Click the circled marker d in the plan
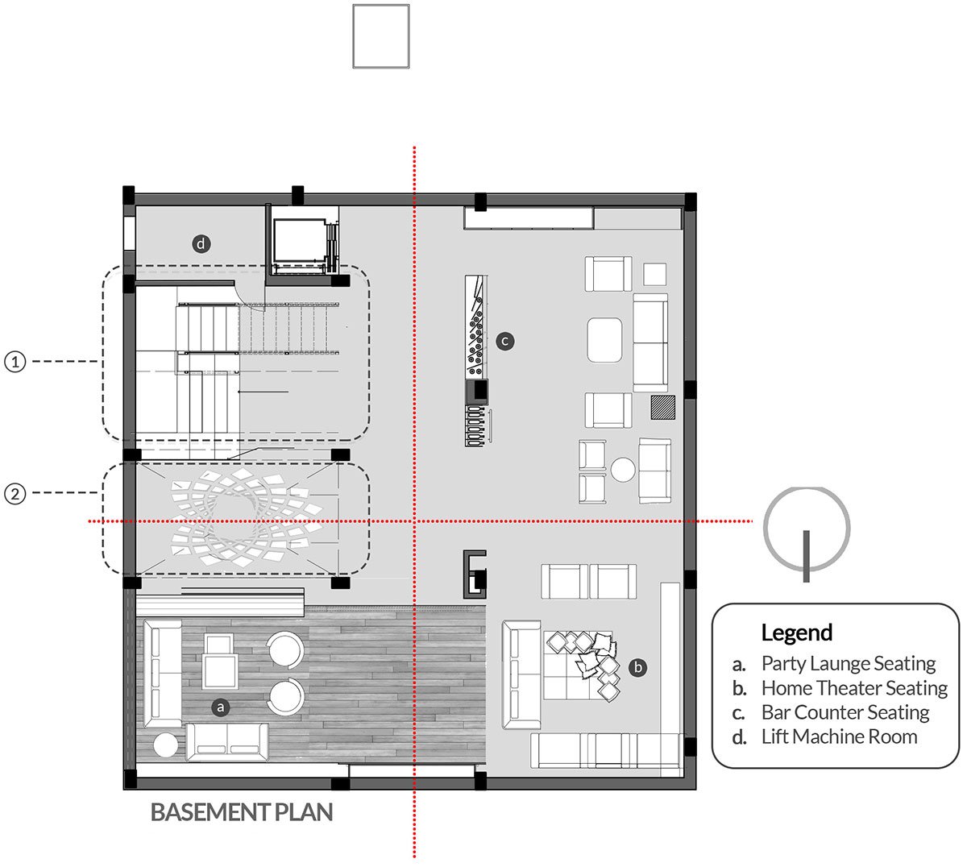tap(201, 244)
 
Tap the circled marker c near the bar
tap(505, 342)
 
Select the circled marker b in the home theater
tap(637, 667)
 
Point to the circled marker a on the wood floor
tap(221, 707)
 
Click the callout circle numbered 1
tap(15, 362)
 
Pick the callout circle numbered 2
tap(15, 494)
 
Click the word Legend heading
tap(797, 633)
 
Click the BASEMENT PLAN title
tap(242, 812)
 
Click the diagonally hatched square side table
tap(663, 407)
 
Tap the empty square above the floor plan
tap(381, 36)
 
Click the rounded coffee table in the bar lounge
tap(604, 340)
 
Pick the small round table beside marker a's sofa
tap(166, 745)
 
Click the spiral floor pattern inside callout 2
tap(247, 517)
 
